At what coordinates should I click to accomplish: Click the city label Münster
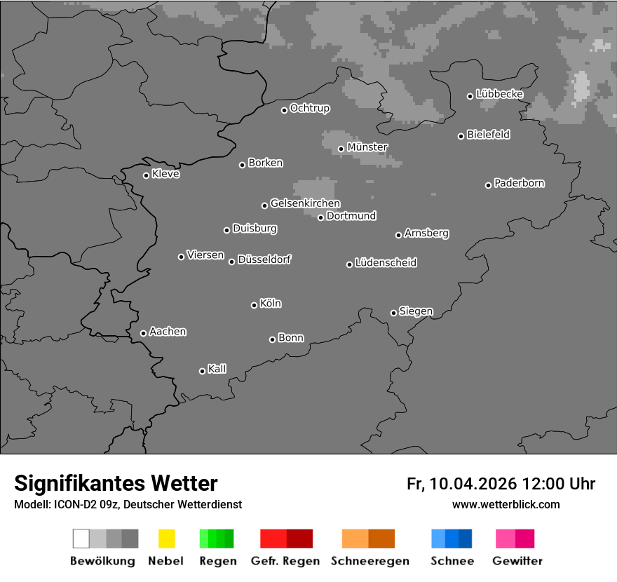[x=367, y=147]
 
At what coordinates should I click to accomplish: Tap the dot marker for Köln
[x=254, y=305]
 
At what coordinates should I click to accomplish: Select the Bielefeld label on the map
[x=489, y=135]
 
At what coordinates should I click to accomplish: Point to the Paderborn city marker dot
[x=488, y=185]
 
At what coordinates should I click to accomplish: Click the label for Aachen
[x=168, y=332]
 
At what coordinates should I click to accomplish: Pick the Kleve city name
[x=165, y=174]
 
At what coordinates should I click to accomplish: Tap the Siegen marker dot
[x=393, y=313]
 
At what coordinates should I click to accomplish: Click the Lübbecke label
[x=500, y=94]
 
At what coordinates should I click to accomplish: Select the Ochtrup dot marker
[x=284, y=110]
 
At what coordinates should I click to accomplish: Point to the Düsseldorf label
[x=264, y=259]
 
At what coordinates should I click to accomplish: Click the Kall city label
[x=217, y=369]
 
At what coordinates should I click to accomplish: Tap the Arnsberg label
[x=426, y=234]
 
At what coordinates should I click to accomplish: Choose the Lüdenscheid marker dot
[x=349, y=264]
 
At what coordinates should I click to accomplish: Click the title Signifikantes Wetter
[x=116, y=483]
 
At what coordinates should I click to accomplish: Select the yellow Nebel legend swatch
[x=166, y=539]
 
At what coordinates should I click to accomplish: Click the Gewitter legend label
[x=517, y=561]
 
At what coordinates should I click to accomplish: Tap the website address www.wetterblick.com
[x=506, y=504]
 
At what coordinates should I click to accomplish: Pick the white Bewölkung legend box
[x=81, y=539]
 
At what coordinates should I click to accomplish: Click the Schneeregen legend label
[x=370, y=561]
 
